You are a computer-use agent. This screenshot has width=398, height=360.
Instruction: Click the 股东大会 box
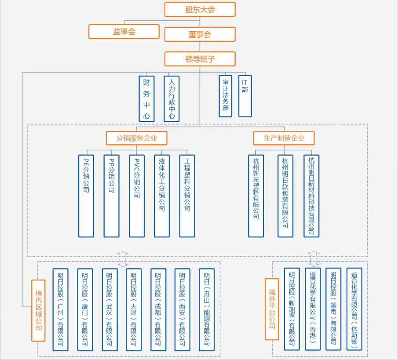(x=200, y=10)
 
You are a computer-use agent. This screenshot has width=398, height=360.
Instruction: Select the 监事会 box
(x=124, y=32)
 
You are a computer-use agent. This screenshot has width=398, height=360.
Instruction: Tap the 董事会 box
(x=200, y=34)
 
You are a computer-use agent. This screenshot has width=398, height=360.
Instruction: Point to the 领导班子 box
(x=200, y=59)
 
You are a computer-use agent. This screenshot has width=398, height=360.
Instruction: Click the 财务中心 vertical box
(x=146, y=98)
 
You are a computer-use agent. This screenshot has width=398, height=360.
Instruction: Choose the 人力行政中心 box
(x=172, y=98)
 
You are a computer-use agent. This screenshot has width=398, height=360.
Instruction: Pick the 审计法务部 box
(x=226, y=95)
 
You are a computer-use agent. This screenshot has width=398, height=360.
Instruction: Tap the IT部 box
(x=245, y=95)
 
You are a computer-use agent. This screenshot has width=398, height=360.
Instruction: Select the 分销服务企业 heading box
(x=136, y=138)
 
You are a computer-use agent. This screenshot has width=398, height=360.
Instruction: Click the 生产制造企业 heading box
(x=284, y=138)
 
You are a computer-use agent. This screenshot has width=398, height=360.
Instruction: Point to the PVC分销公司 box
(x=137, y=196)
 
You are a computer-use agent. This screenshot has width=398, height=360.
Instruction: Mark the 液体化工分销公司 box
(x=162, y=196)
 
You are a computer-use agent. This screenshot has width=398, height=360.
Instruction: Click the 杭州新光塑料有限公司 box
(x=256, y=196)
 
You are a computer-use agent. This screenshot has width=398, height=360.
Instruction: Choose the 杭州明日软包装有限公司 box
(x=285, y=196)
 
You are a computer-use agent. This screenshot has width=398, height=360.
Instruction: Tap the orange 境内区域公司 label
(x=38, y=310)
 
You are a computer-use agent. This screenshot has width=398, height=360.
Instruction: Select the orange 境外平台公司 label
(x=272, y=309)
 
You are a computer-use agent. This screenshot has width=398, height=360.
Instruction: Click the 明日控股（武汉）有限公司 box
(x=110, y=309)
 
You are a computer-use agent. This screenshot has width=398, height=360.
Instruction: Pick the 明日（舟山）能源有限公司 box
(x=207, y=309)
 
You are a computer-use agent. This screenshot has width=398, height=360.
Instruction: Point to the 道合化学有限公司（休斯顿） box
(x=354, y=309)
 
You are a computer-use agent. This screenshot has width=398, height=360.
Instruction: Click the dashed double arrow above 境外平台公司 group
(x=314, y=258)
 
